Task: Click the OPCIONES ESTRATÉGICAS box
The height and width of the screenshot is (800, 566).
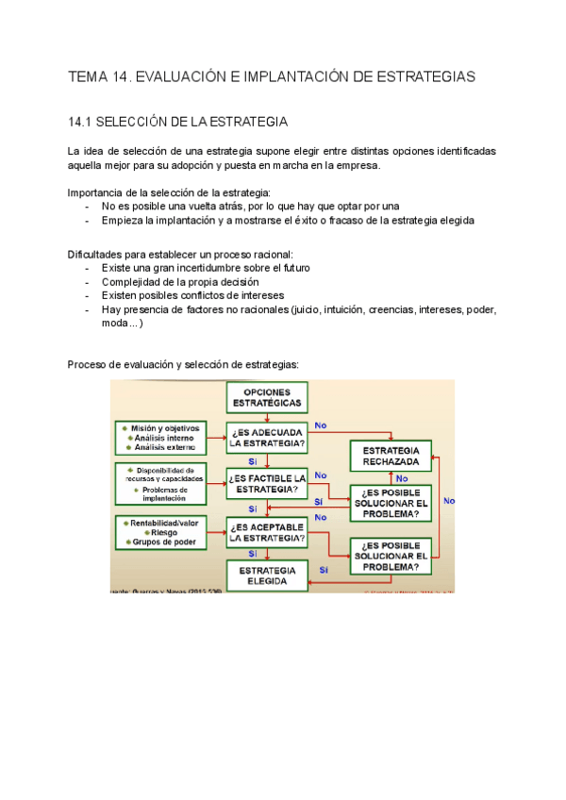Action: [267, 397]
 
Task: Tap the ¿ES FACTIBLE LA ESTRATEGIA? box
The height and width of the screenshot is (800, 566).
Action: [267, 483]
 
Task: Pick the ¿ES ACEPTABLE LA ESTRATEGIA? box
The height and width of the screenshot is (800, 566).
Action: [267, 532]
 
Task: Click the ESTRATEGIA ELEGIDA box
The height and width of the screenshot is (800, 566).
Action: [267, 575]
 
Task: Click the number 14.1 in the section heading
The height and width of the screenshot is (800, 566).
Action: [82, 123]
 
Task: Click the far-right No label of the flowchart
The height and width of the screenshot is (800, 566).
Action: [448, 501]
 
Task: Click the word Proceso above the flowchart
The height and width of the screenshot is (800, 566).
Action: [88, 364]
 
